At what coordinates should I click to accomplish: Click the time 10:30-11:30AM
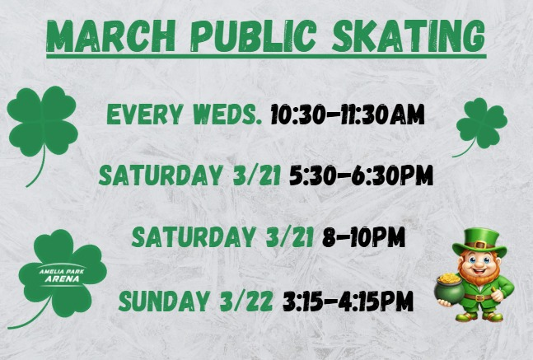[x=348, y=115]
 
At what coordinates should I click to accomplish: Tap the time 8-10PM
[x=363, y=237]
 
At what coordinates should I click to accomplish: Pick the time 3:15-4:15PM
[x=348, y=301]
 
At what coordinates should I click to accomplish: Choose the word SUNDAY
[x=160, y=301]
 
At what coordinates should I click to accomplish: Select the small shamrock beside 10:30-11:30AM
[x=481, y=124]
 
